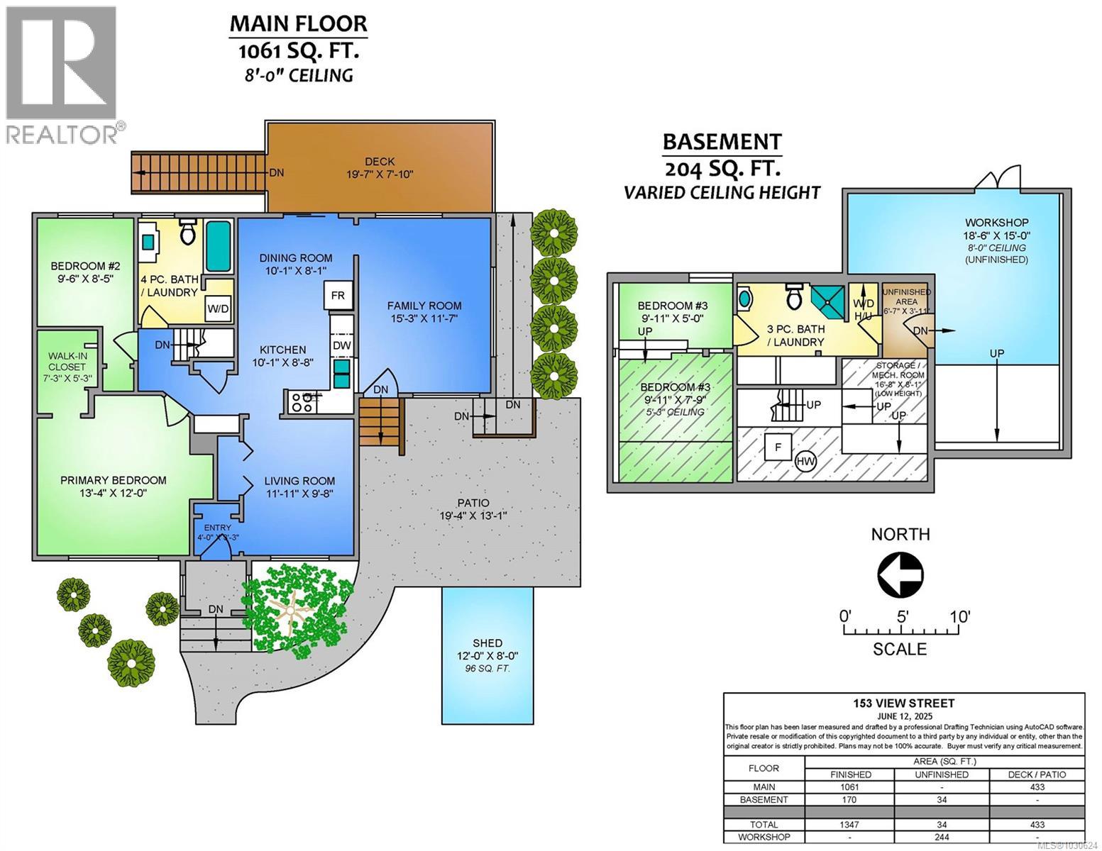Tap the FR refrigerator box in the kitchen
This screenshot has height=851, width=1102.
(338, 295)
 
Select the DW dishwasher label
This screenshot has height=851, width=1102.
(341, 345)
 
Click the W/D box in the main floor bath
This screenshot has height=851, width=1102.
(217, 308)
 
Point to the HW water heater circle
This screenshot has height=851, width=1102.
(805, 461)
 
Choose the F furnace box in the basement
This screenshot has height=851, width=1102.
(778, 447)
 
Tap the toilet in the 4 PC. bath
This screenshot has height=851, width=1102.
(187, 233)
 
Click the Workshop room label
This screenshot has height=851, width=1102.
(996, 223)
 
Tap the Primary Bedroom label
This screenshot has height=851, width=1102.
(114, 480)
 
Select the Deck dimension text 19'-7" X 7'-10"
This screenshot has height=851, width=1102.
(380, 174)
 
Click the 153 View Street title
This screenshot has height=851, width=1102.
(903, 703)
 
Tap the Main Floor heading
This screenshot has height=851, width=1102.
(298, 23)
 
